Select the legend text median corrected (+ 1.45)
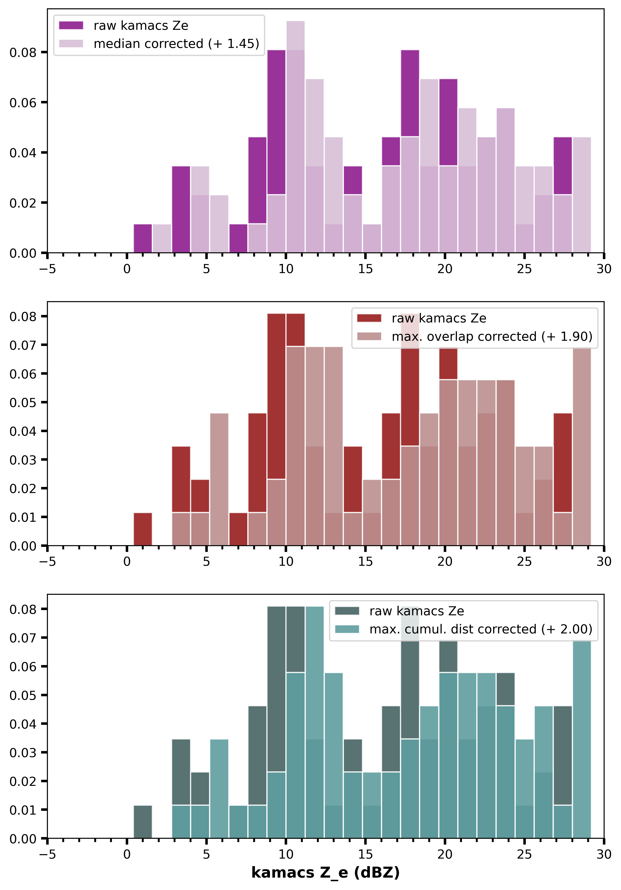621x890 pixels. pos(176,43)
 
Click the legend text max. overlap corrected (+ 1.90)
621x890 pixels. pos(492,336)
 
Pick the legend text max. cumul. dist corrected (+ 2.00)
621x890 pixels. pos(481,629)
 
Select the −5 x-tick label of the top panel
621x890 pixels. pos(47,269)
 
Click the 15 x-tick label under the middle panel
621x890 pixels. pos(365,562)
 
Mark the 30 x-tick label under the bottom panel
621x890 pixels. pos(604,854)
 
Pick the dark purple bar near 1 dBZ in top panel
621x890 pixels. pos(143,238)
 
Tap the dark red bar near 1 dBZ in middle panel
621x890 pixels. pos(143,529)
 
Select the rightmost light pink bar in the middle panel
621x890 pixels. pos(581,446)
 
